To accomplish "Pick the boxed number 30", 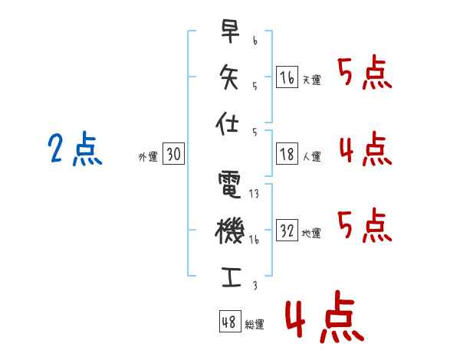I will pyautogui.click(x=173, y=155).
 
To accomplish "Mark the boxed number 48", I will pyautogui.click(x=229, y=322).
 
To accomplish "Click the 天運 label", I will pyautogui.click(x=312, y=80).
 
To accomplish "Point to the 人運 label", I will pyautogui.click(x=312, y=156).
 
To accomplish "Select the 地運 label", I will pyautogui.click(x=312, y=233).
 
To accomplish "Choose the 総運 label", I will pyautogui.click(x=255, y=325).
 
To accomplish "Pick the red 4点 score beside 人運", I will pyautogui.click(x=364, y=149).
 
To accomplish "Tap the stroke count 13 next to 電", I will pyautogui.click(x=254, y=194).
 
